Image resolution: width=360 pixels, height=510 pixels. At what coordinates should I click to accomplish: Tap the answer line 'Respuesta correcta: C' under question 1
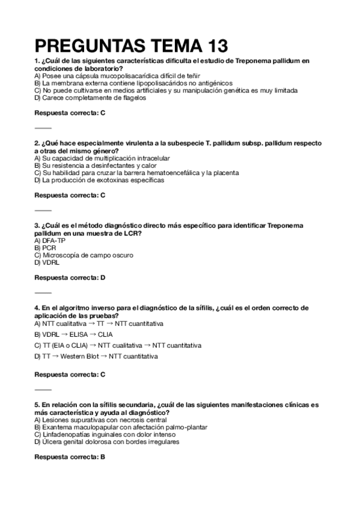pyautogui.click(x=70, y=112)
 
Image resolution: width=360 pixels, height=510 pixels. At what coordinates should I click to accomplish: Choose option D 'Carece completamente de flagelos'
pyautogui.click(x=90, y=98)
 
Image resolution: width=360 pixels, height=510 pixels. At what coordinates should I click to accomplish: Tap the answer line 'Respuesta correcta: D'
pyautogui.click(x=70, y=277)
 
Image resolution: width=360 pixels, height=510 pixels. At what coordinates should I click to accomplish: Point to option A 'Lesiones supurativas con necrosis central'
pyautogui.click(x=96, y=420)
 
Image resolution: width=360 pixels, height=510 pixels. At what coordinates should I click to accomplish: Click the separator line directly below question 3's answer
pyautogui.click(x=43, y=292)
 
